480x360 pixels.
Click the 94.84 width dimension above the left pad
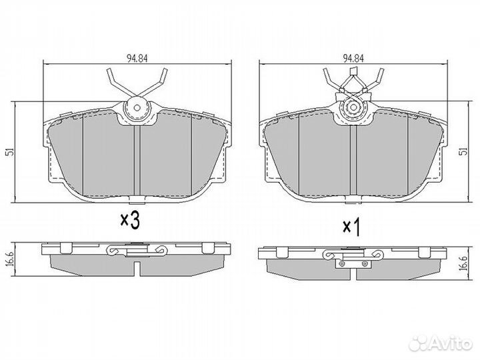coord(137,57)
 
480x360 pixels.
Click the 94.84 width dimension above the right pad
coord(353,57)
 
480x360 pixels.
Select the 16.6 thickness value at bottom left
coord(9,257)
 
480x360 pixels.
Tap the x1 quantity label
coord(351,227)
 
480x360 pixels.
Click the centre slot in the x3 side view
coord(136,268)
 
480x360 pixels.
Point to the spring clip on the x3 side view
coord(136,251)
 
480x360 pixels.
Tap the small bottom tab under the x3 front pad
coord(136,202)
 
